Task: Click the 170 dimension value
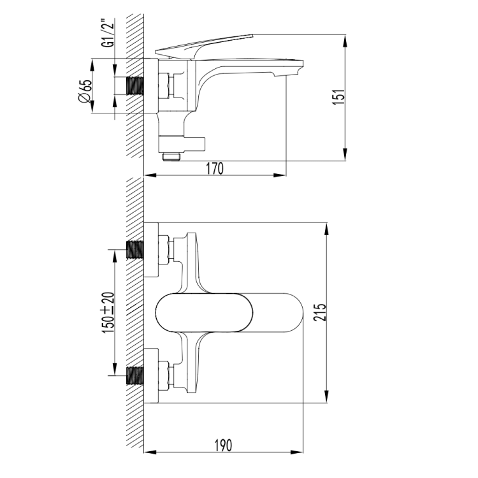[215, 169]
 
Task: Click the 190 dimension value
[223, 445]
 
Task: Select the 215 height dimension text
[320, 312]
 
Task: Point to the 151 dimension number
[338, 98]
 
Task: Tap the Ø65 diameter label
[85, 91]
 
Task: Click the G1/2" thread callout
[108, 33]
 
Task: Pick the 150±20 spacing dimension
[108, 312]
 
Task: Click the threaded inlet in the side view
[135, 86]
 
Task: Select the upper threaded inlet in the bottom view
[135, 250]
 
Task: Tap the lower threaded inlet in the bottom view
[135, 375]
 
